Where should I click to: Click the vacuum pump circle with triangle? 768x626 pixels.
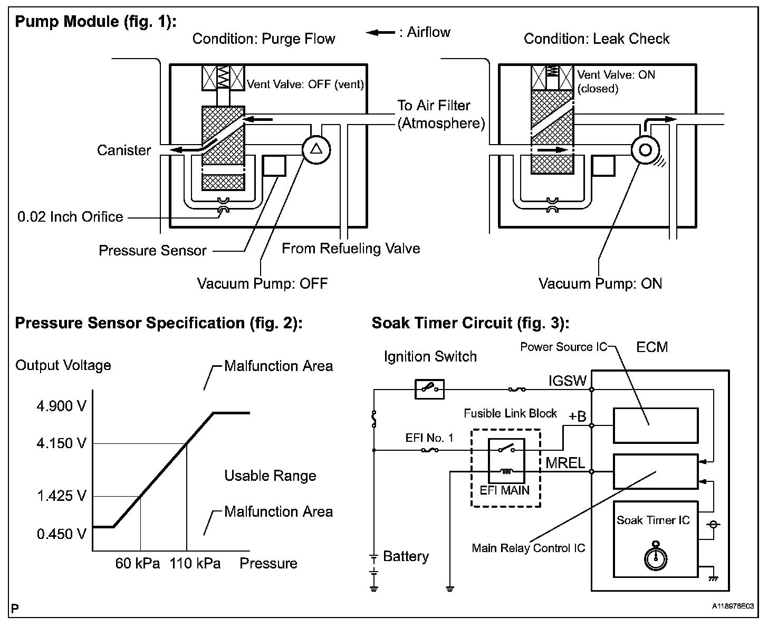316,150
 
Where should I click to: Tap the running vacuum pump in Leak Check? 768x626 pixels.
645,150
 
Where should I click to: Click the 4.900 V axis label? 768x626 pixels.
62,406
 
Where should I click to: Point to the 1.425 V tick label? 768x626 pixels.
62,496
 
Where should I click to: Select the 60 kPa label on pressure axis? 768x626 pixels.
137,564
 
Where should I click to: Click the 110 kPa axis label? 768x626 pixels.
195,564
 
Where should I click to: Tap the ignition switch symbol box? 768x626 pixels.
429,389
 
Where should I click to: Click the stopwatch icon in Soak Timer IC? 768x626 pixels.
656,556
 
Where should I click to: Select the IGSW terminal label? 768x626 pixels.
568,381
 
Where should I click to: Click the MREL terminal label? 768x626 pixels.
565,463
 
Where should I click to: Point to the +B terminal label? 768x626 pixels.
577,417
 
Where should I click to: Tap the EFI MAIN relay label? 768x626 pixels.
504,490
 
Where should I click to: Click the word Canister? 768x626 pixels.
123,150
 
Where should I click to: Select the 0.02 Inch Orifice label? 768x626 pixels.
70,217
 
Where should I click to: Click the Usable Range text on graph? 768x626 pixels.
270,476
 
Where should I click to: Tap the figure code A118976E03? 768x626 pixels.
733,606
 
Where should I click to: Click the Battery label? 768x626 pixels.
406,556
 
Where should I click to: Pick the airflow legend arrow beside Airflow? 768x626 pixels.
380,33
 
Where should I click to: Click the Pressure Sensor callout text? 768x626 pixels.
152,250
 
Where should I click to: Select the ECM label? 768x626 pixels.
652,347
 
